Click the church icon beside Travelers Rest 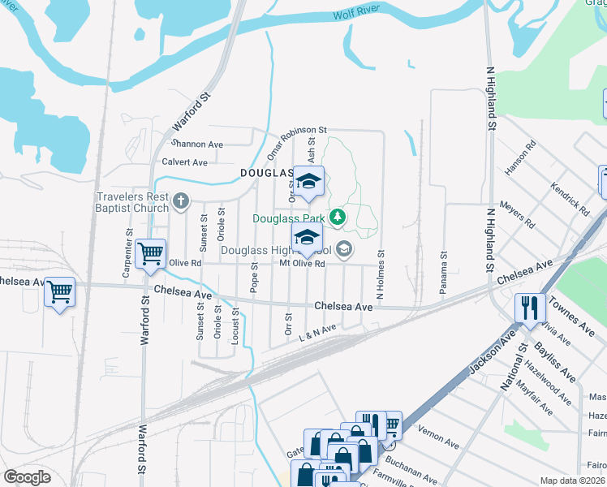[x=180, y=200]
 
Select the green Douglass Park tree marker [x=338, y=218]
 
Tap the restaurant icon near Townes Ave [x=529, y=307]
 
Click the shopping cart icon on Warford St [x=151, y=254]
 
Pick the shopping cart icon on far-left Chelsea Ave [x=60, y=291]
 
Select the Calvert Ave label [x=184, y=162]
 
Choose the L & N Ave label [x=317, y=332]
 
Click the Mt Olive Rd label [x=302, y=264]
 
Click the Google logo [x=27, y=477]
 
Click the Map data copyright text [x=573, y=481]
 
